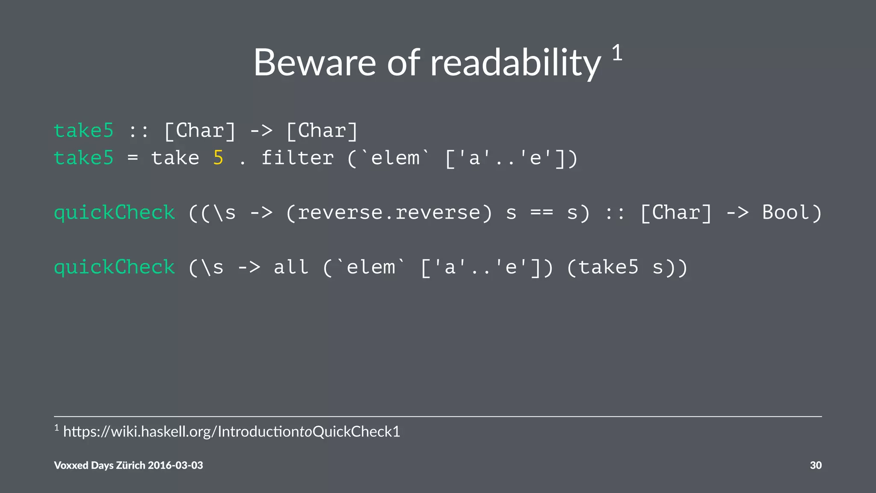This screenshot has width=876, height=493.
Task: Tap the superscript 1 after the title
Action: pos(617,53)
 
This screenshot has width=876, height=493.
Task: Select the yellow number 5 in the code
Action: pos(218,158)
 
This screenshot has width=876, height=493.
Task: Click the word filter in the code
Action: pos(297,158)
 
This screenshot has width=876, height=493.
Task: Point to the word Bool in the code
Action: pos(785,213)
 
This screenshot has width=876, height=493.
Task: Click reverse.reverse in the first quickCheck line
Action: pos(389,213)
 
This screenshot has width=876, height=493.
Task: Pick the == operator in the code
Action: pos(542,213)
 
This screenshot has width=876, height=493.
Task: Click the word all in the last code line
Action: pos(291,267)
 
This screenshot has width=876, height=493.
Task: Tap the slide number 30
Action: pos(816,465)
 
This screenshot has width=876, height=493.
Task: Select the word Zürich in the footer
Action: pos(131,465)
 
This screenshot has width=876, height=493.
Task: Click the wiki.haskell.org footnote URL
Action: pos(231,431)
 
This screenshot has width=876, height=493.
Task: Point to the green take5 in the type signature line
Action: pos(84,131)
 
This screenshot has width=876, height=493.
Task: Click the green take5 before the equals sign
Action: pos(84,158)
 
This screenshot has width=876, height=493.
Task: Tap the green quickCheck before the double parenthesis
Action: pos(114,213)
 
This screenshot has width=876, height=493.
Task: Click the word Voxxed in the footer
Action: pos(71,465)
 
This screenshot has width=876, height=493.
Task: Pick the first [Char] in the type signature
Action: pos(200,131)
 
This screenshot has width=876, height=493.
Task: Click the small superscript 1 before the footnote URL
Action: pos(56,428)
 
